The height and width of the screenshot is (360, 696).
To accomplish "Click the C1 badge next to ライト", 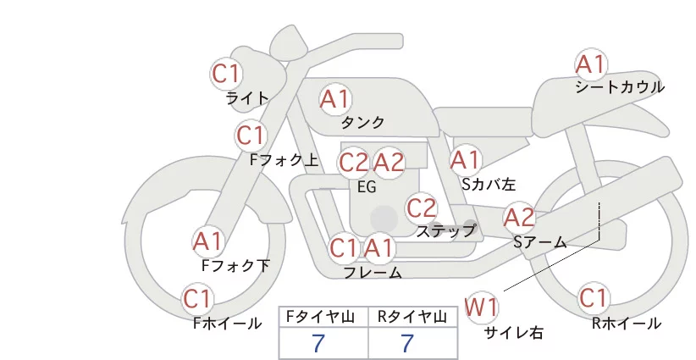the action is coord(226,74).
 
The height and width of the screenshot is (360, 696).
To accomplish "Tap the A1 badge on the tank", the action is coord(335,99).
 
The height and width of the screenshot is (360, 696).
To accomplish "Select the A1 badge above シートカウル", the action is coord(591,64).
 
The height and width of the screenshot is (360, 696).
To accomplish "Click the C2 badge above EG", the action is coord(353,163).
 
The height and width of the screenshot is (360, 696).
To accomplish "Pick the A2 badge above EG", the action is coord(389,163).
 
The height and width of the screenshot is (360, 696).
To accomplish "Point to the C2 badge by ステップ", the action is coord(421,208).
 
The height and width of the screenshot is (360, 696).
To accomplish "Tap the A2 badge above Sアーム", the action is coord(519,218).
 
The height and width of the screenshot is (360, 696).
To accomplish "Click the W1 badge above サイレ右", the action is coord(481,307).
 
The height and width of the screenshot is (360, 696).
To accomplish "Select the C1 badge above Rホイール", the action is coord(593,298).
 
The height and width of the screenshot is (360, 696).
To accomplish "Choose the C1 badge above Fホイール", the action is coord(197,299).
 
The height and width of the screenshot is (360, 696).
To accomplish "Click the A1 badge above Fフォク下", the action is coord(207,242).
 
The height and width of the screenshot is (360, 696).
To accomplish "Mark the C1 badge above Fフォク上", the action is coord(251,136).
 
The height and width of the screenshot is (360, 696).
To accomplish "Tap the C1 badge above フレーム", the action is coord(344,247).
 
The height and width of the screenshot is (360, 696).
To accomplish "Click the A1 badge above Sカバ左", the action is coord(466,160).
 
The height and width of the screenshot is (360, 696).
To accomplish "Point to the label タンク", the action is coord(362,123).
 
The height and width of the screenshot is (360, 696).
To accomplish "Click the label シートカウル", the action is coord(620,87).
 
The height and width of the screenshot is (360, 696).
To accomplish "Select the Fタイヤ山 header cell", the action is coord(323,317).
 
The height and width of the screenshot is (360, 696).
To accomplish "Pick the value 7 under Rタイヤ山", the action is coord(407,343).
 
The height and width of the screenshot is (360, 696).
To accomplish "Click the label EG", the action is coord(367,187).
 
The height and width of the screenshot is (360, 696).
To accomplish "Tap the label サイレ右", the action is coord(514,333).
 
